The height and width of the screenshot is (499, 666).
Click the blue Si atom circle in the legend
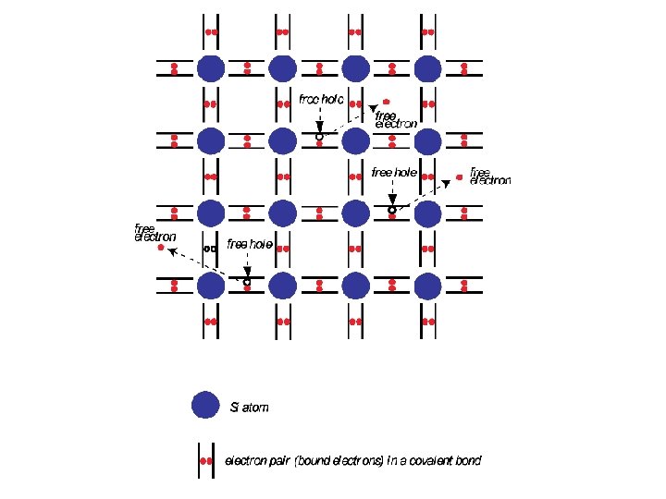click(204, 406)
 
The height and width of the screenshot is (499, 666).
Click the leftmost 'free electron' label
click(154, 232)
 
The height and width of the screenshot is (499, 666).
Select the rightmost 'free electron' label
click(489, 176)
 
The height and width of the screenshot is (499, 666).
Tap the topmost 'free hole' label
click(322, 97)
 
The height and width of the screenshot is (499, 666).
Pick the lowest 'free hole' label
click(250, 244)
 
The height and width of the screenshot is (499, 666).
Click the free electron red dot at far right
click(460, 176)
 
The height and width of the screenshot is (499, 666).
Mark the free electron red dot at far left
click(161, 248)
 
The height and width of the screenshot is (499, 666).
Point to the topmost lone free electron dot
click(387, 101)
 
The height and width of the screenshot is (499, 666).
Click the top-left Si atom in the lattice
click(210, 67)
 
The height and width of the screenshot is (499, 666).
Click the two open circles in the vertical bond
click(210, 249)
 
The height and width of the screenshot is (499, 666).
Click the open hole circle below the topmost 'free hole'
click(319, 137)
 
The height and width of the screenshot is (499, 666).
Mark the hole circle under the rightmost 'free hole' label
click(391, 211)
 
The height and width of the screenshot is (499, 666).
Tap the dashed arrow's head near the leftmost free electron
click(170, 250)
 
